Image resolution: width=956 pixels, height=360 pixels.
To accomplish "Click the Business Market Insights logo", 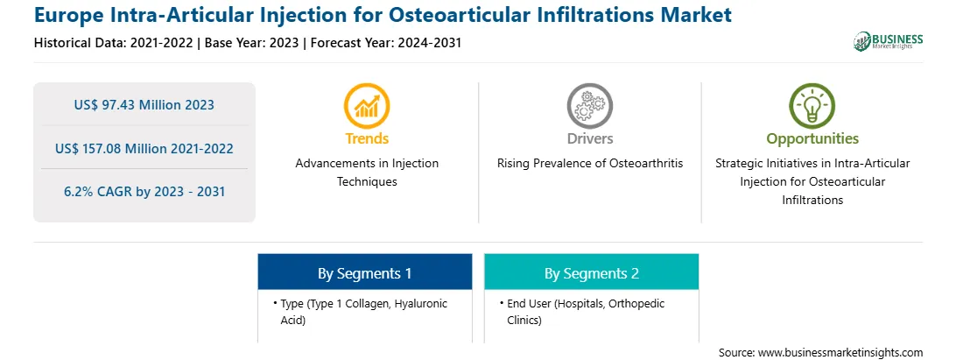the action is point(888,41).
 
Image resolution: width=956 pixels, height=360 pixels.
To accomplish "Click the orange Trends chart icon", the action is point(367,106).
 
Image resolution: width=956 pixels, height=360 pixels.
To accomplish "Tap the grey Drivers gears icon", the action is point(589,106).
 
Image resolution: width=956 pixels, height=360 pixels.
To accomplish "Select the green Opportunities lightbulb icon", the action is point(812,106).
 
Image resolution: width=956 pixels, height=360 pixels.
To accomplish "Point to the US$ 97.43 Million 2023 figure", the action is point(144,105).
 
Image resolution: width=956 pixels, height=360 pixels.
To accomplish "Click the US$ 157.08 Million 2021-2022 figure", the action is point(144,148).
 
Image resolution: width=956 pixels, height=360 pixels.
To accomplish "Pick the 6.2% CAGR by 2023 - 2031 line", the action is point(144,192).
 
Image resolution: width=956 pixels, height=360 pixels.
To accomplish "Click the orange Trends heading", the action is point(367,138).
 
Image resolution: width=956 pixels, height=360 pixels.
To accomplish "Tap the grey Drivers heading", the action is point(590,138).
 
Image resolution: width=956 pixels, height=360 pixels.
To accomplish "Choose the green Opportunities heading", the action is point(812,139).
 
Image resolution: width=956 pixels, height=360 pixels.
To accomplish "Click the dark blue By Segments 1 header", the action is point(364,272).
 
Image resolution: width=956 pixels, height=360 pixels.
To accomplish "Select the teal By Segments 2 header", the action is point(592,272).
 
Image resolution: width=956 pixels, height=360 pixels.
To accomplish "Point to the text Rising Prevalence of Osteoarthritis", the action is point(590,164).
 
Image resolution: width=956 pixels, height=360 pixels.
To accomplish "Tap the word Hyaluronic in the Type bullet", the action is point(421,304).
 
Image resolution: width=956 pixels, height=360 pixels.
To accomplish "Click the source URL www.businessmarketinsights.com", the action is point(840,352).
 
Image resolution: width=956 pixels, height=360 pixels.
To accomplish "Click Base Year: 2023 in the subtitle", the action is point(251,43).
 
